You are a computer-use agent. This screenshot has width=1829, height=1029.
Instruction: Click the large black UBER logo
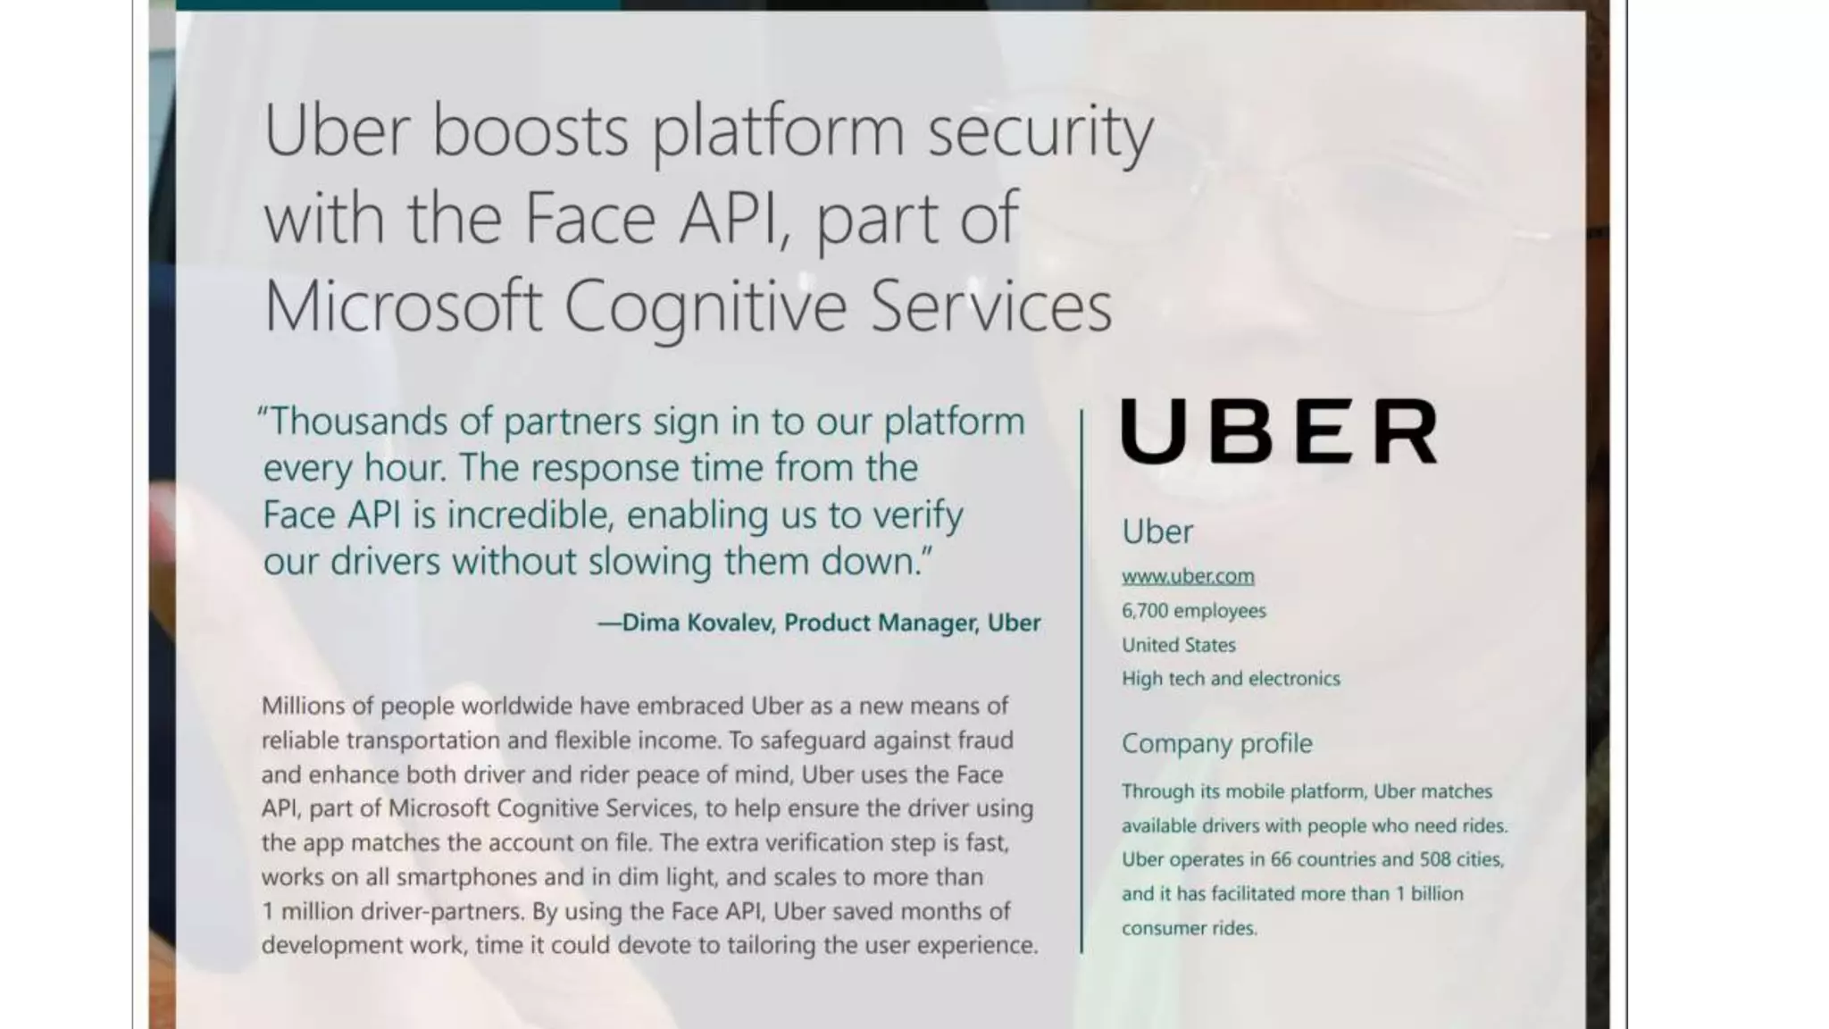[x=1279, y=431]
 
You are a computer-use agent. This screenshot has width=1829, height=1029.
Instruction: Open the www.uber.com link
[x=1188, y=576]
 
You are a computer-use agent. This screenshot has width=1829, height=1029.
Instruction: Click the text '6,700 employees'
[x=1193, y=611]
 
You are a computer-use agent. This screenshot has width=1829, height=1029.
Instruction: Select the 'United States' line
[x=1179, y=645]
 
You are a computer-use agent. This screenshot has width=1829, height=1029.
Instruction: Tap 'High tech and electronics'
[x=1231, y=679]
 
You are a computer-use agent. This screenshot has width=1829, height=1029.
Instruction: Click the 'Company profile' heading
[x=1216, y=743]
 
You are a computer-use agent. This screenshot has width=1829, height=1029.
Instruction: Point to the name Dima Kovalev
[x=697, y=623]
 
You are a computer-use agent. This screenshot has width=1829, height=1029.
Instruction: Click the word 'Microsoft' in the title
[x=403, y=305]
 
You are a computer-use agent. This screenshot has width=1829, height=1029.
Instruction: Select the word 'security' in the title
[x=1040, y=130]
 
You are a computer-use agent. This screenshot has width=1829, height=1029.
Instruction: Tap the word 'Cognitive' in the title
[x=705, y=305]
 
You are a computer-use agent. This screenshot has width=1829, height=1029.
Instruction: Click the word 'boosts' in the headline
[x=530, y=130]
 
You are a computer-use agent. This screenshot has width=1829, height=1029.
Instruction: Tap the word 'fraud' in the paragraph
[x=985, y=740]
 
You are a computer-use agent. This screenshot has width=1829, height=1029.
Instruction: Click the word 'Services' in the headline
[x=990, y=305]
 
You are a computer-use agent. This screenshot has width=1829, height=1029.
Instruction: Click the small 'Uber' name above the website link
[x=1157, y=531]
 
